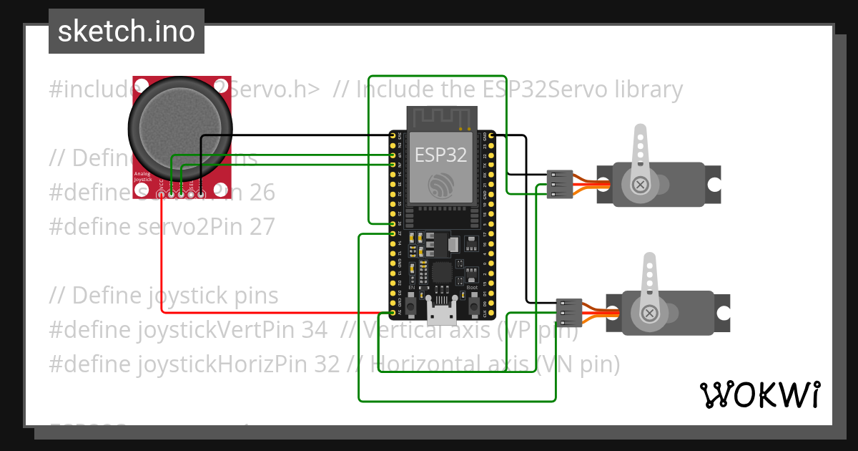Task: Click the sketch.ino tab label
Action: (127, 31)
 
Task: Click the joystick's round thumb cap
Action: (180, 127)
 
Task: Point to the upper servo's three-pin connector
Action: (560, 184)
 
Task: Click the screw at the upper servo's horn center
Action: (641, 185)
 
